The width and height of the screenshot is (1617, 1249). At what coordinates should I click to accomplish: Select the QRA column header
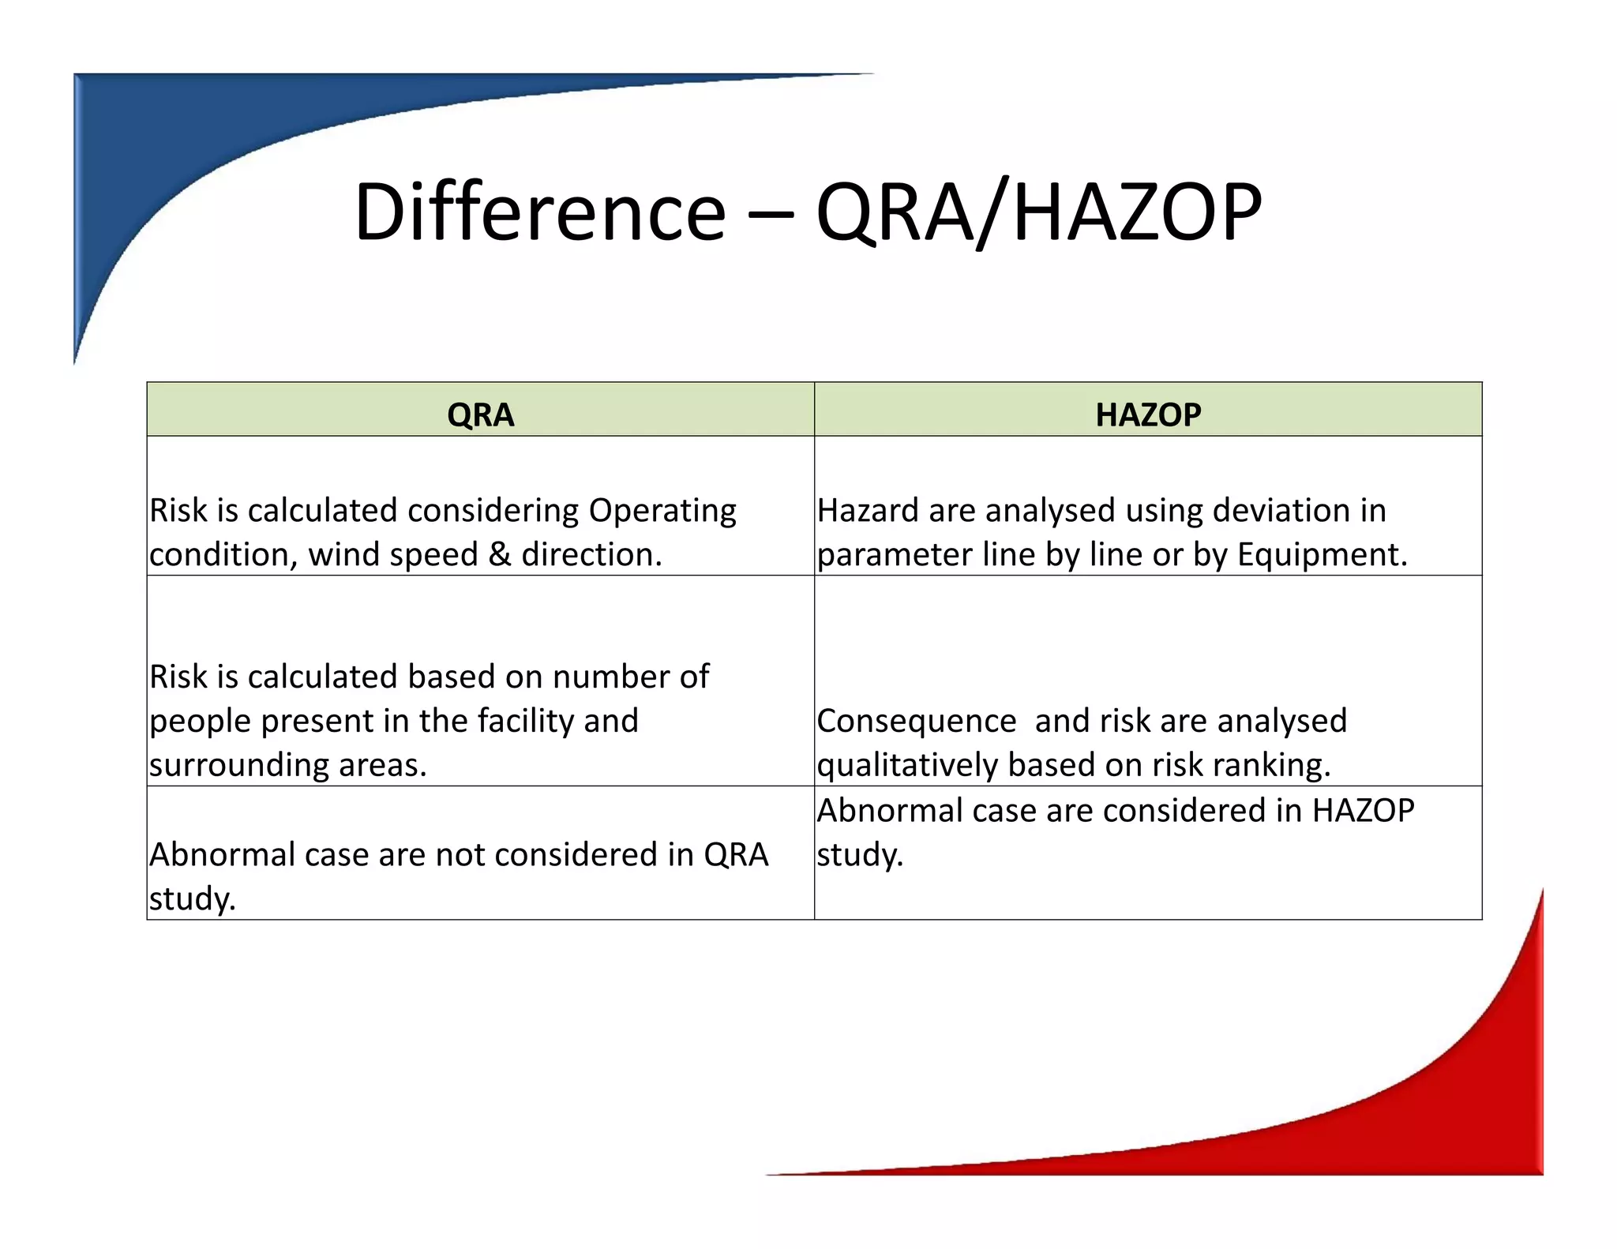(x=480, y=414)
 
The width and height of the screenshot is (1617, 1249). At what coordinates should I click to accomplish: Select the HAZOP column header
(x=1148, y=414)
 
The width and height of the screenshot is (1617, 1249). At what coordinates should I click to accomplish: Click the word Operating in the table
(x=662, y=511)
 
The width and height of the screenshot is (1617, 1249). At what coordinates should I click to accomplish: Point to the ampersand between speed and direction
(x=499, y=554)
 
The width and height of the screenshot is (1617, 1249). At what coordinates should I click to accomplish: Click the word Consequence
(x=916, y=721)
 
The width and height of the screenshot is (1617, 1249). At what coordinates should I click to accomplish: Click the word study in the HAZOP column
(x=859, y=855)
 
